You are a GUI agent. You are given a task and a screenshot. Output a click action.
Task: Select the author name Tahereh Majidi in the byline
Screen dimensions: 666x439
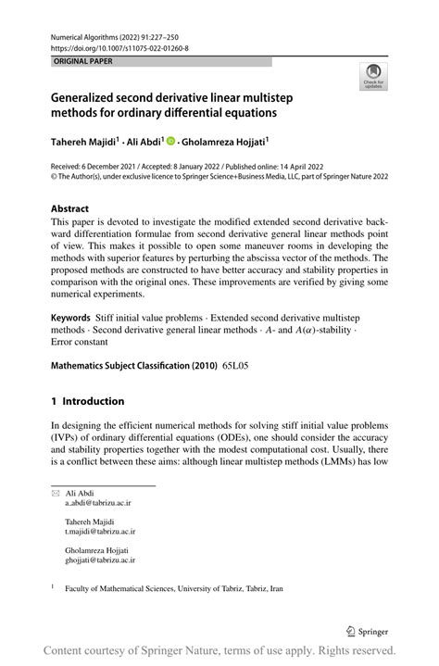[84, 142]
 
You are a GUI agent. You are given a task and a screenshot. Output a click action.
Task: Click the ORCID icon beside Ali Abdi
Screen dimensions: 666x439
[170, 142]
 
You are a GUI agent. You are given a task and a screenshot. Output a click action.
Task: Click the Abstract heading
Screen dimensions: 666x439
[70, 209]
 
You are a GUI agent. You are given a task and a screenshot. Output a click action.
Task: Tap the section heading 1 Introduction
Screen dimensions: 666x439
[87, 401]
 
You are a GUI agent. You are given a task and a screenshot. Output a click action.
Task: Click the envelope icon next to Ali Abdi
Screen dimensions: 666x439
[55, 493]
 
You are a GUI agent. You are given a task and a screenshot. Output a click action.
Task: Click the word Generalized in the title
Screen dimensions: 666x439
[92, 95]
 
